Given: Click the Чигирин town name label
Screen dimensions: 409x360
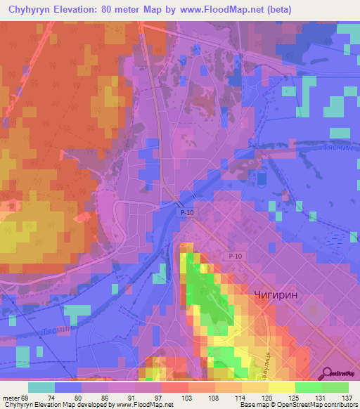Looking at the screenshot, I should (280, 297).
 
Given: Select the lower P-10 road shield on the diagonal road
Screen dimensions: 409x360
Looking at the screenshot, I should (236, 258).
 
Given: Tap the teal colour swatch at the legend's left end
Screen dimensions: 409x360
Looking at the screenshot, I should (41, 387).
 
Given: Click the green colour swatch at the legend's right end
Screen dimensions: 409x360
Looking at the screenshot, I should (335, 387).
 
